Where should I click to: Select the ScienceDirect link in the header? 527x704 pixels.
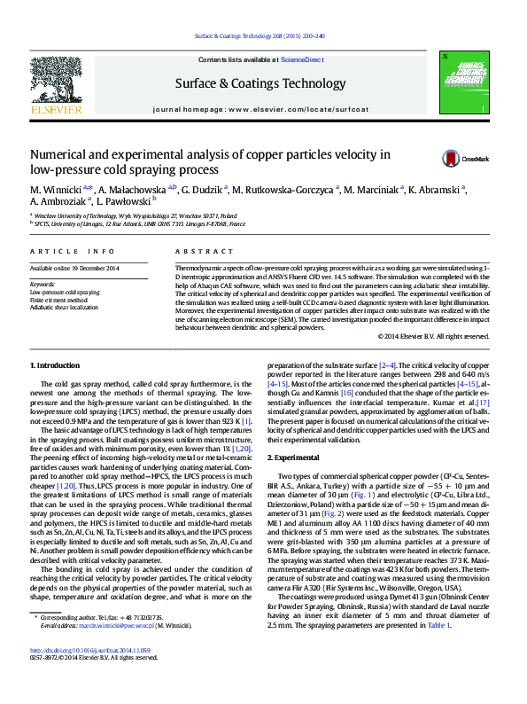302,59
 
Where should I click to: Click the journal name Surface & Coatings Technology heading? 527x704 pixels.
261,83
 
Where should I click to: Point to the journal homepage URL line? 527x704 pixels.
261,107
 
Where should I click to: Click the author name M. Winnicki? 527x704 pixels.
56,190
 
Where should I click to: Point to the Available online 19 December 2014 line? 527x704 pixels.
74,268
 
